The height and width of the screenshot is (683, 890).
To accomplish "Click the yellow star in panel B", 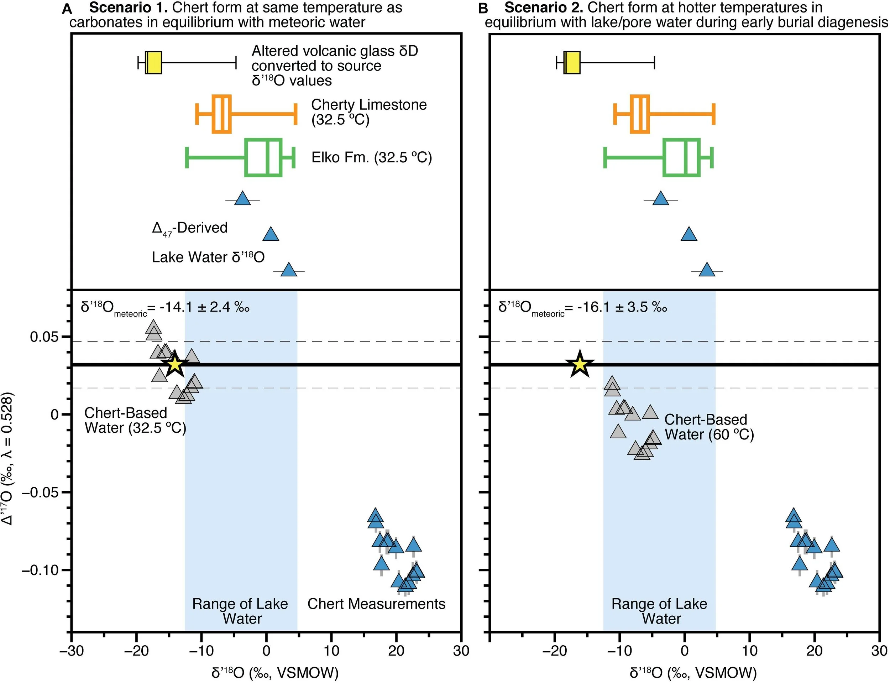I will (580, 364).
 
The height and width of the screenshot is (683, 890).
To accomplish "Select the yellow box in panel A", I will (154, 63).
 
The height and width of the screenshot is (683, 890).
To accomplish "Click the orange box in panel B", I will (640, 114).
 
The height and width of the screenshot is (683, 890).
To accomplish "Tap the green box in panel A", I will (263, 158).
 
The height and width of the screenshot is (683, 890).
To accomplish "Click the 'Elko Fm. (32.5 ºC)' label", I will (371, 157).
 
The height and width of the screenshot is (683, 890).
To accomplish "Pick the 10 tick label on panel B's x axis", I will (749, 650).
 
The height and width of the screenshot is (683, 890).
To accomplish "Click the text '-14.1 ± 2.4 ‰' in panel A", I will (204, 307).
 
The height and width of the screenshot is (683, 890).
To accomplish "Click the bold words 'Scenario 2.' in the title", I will (543, 7).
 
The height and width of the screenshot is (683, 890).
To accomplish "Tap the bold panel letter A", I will (67, 9).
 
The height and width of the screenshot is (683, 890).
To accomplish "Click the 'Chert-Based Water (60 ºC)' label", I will (709, 427).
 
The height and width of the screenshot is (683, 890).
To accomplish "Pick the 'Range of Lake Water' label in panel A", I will (240, 611).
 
